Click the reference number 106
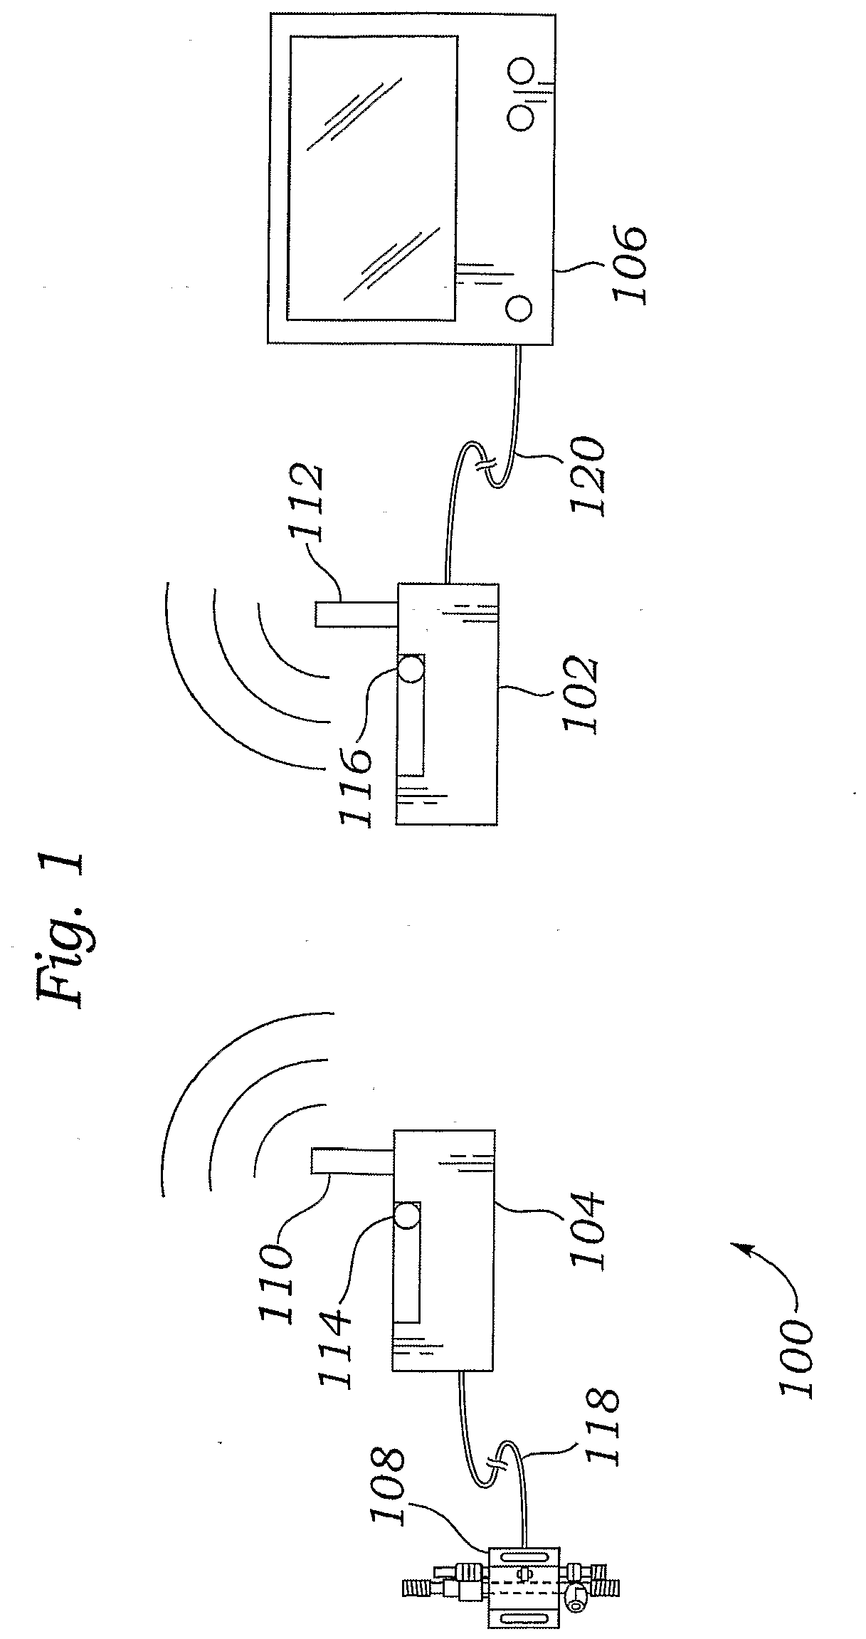(629, 265)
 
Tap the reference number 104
(588, 1218)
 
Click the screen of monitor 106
(371, 178)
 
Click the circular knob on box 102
(411, 670)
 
